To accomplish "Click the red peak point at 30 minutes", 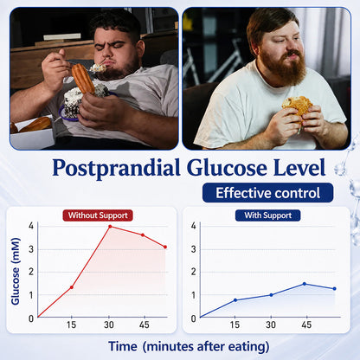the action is pos(110,227).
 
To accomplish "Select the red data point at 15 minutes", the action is pos(72,287).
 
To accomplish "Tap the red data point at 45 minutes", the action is pos(143,235).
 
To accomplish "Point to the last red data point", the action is pos(165,247).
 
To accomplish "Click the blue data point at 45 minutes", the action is pos(305,284).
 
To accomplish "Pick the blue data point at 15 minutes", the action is pos(235,300).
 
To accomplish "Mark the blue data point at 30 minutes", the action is pos(271,295).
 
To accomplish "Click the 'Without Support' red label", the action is pos(98,215).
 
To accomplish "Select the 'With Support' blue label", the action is pos(268,215).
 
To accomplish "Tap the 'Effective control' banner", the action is pos(268,193).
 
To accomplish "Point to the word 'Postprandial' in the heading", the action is pos(116,169).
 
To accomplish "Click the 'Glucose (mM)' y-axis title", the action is pos(16,272).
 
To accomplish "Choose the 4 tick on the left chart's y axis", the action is pos(31,226).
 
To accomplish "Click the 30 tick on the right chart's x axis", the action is pos(271,325).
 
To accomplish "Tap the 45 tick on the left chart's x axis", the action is pos(145,325).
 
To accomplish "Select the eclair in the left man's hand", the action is pos(83,79).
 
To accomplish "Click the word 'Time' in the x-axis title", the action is pos(123,346).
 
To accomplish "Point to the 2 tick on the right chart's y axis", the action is pos(194,272).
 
